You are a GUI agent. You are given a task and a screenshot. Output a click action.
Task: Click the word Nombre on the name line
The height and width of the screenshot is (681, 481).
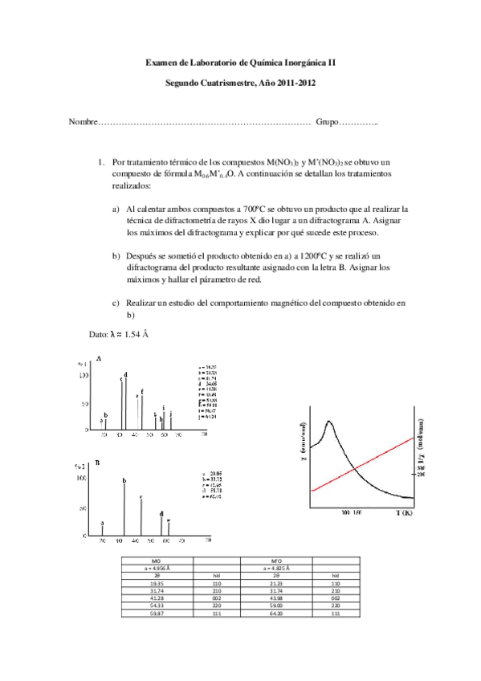click(82, 121)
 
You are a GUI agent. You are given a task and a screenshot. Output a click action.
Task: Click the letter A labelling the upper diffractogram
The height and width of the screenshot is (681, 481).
click(98, 357)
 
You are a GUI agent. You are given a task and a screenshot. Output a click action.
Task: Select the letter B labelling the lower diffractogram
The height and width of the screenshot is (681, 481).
click(98, 463)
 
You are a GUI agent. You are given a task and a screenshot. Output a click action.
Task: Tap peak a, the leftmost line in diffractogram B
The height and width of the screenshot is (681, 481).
click(102, 530)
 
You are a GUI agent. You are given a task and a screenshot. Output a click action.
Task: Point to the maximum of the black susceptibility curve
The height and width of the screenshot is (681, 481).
click(328, 422)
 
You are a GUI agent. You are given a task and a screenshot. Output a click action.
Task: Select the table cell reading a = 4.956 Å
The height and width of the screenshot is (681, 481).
click(157, 567)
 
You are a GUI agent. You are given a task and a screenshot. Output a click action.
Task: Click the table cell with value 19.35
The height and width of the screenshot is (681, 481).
click(157, 581)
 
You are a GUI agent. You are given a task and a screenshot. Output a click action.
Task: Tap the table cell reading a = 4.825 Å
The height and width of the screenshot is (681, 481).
click(278, 567)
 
